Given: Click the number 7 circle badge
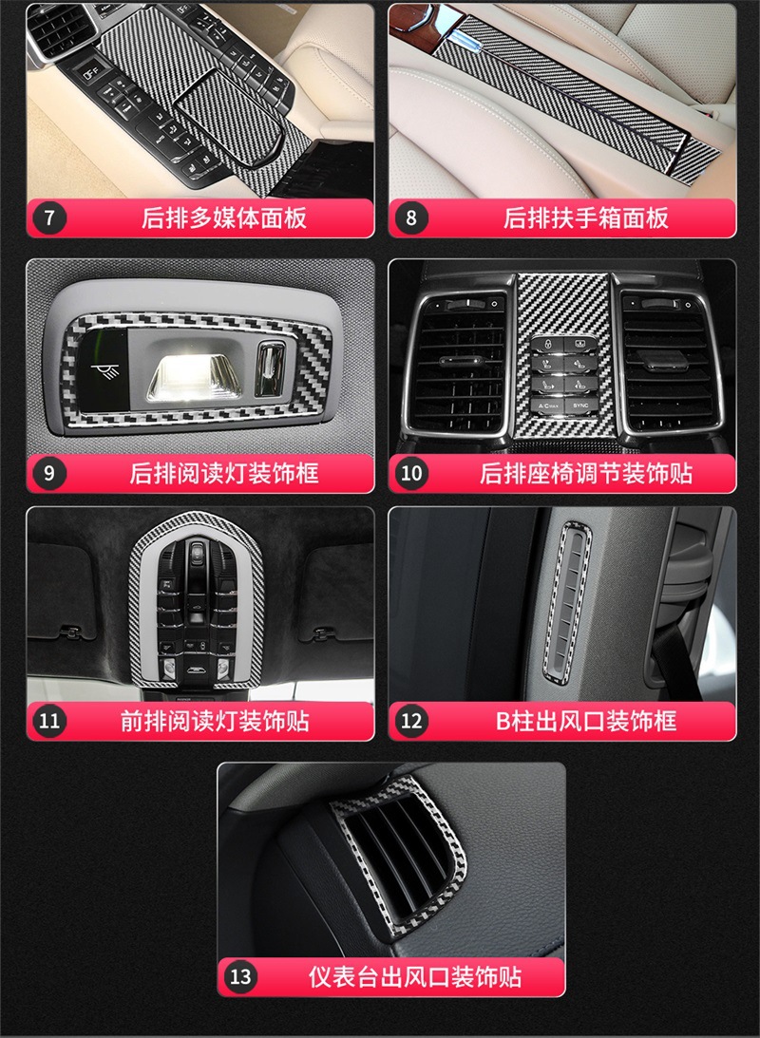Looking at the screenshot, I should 49,217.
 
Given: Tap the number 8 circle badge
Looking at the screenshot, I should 411,217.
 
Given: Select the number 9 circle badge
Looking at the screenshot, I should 49,473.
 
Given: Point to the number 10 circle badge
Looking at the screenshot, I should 411,473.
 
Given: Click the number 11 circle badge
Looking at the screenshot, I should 49,721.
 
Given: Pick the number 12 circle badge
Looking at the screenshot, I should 411,721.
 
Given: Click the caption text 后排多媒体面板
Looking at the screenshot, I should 224,217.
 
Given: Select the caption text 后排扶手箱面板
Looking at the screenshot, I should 586,217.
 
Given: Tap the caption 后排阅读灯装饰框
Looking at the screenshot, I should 224,473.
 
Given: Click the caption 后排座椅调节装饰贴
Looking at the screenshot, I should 586,473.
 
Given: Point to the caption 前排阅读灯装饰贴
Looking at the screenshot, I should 215,721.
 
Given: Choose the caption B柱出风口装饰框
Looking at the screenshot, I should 586,721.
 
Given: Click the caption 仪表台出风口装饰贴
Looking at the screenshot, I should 415,975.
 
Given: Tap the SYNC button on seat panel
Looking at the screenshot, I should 579,406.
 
